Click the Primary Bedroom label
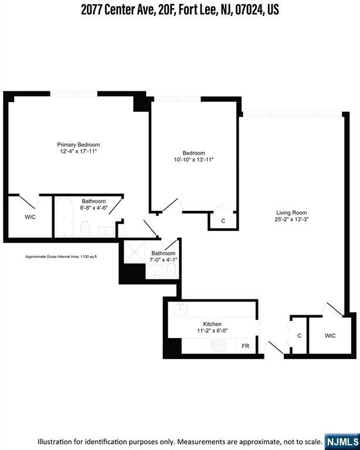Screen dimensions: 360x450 click(x=79, y=145)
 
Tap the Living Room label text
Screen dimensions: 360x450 click(x=291, y=213)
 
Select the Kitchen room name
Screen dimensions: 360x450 click(x=212, y=324)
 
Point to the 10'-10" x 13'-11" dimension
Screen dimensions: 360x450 click(x=194, y=159)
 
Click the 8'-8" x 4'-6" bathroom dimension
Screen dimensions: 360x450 click(x=94, y=207)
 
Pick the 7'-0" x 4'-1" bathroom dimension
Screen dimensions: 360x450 click(x=164, y=260)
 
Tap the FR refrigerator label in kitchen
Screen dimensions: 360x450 click(x=246, y=346)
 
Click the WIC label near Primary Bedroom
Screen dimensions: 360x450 click(x=30, y=217)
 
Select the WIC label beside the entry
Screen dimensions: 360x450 click(x=330, y=336)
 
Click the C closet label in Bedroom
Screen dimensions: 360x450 click(x=223, y=221)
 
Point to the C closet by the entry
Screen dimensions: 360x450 click(x=300, y=336)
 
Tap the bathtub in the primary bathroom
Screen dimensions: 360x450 click(x=64, y=217)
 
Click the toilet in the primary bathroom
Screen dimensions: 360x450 click(x=85, y=229)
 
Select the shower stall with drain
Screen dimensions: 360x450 click(x=135, y=252)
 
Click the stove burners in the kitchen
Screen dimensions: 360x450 click(x=219, y=345)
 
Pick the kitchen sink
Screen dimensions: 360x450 click(x=180, y=309)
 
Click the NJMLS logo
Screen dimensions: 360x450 click(x=342, y=442)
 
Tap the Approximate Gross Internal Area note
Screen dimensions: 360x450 click(x=61, y=257)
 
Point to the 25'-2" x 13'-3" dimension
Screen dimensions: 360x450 click(x=291, y=220)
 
